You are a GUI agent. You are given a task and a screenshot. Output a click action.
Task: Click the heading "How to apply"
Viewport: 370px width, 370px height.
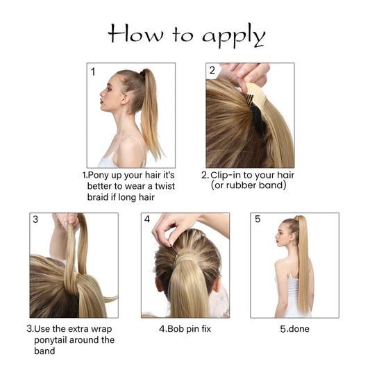pyautogui.click(x=186, y=35)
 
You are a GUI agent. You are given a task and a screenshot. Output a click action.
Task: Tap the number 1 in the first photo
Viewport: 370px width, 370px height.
pyautogui.click(x=92, y=72)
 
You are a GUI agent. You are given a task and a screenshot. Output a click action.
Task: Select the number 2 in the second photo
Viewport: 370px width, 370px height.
pyautogui.click(x=212, y=71)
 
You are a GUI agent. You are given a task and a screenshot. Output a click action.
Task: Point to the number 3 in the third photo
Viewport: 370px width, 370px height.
pyautogui.click(x=35, y=220)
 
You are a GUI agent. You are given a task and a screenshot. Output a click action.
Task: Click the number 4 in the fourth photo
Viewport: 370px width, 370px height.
pyautogui.click(x=147, y=220)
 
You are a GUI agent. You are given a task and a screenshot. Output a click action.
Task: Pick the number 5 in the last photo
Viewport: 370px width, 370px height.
pyautogui.click(x=258, y=220)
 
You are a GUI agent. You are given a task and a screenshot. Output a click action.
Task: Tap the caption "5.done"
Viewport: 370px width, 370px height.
pyautogui.click(x=294, y=328)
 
